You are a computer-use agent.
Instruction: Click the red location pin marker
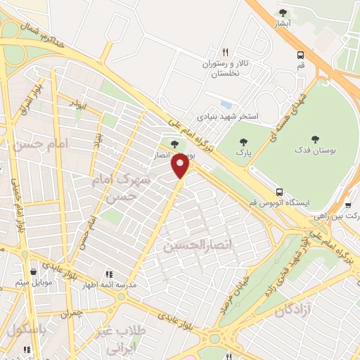[181, 166]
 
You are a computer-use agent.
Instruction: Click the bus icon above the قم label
[301, 55]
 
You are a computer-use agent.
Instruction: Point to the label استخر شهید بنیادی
[229, 115]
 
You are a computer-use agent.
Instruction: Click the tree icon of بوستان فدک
[314, 140]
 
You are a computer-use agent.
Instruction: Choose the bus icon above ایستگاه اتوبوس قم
[280, 191]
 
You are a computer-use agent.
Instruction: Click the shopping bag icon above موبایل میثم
[33, 271]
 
